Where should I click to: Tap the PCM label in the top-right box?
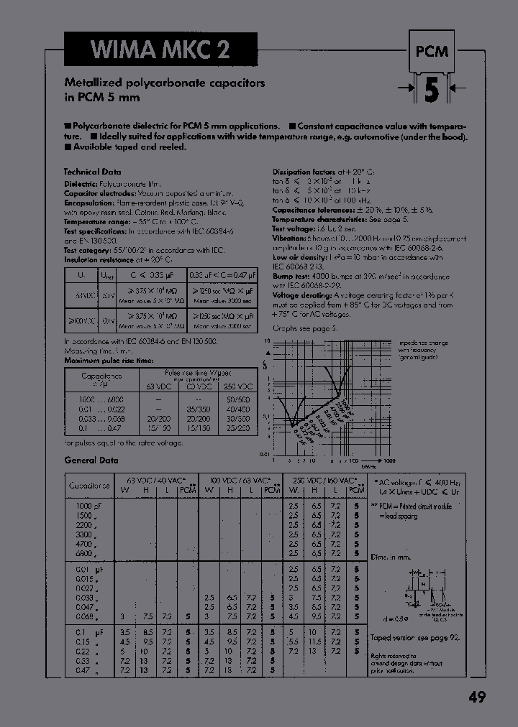pos(430,52)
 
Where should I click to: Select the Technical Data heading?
pos(93,172)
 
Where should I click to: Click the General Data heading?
pos(91,460)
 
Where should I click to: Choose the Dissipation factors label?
pos(303,172)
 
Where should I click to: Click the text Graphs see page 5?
pos(304,328)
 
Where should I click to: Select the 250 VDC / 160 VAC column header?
pos(324,479)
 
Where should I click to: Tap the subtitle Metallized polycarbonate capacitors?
pos(165,83)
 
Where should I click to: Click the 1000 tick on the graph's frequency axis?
pos(389,460)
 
